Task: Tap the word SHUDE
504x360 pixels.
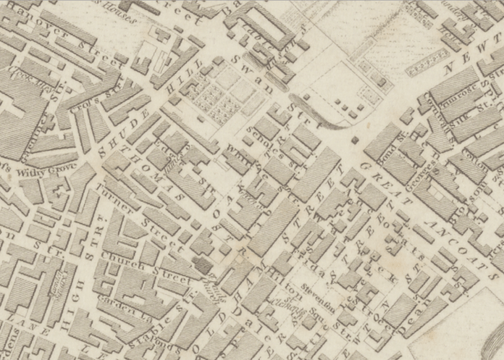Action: [117, 133]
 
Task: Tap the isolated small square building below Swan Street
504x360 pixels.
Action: [355, 141]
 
